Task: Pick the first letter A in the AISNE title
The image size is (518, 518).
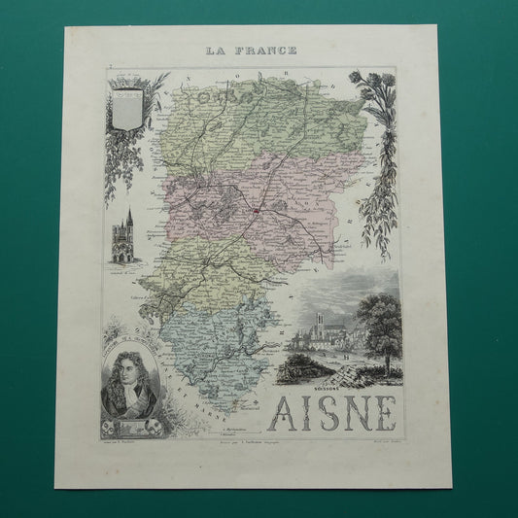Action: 293,414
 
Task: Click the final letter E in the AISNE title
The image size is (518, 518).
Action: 382,414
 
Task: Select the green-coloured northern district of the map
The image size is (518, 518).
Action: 233,126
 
